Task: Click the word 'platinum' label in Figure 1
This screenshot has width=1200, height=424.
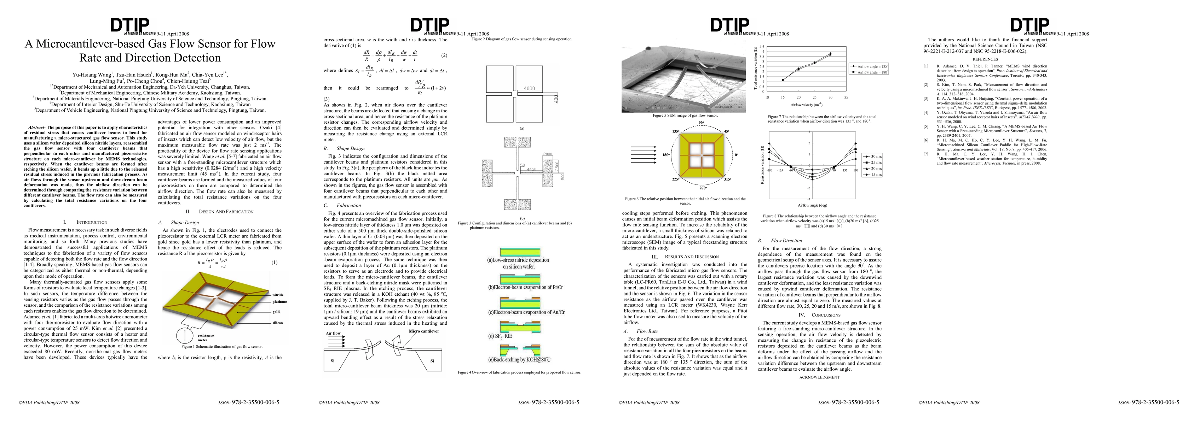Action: pyautogui.click(x=279, y=302)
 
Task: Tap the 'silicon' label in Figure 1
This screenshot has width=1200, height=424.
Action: pyautogui.click(x=278, y=323)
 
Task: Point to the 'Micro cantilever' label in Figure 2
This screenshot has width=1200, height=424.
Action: pyautogui.click(x=424, y=331)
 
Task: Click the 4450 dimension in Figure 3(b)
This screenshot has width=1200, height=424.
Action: pyautogui.click(x=531, y=169)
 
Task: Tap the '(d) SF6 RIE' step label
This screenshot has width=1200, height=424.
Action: pyautogui.click(x=500, y=336)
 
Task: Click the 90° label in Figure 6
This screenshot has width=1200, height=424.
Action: pyautogui.click(x=701, y=123)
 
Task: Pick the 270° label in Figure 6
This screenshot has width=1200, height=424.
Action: pyautogui.click(x=703, y=188)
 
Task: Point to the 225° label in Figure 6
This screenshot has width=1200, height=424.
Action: pyautogui.click(x=675, y=179)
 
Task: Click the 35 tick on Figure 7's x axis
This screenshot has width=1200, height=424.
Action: pyautogui.click(x=846, y=97)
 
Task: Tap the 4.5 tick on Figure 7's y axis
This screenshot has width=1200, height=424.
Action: pyautogui.click(x=762, y=47)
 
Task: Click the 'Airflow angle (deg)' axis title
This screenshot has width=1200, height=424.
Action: pyautogui.click(x=812, y=205)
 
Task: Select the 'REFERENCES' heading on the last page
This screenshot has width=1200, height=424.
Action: pyautogui.click(x=985, y=59)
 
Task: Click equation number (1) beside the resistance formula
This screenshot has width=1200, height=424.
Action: pyautogui.click(x=275, y=262)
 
